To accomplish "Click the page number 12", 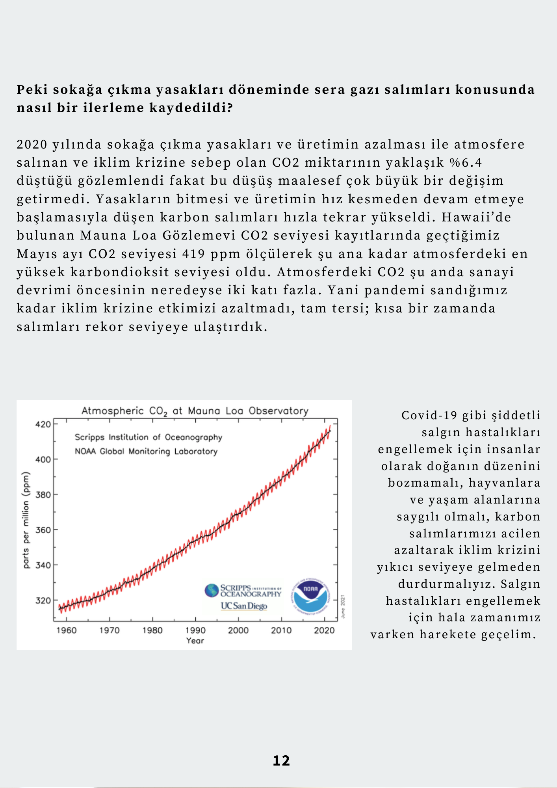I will (x=281, y=761).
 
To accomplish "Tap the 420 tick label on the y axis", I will (x=43, y=424).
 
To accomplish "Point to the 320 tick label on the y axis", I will (x=43, y=600).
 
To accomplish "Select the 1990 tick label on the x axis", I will (x=195, y=630).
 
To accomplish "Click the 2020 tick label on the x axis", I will (x=324, y=630).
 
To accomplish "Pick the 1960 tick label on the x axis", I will (x=67, y=630).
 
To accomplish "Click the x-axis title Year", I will (x=195, y=641).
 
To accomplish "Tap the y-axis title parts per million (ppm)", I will (x=26, y=520).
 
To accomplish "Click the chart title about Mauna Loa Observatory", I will (x=195, y=411).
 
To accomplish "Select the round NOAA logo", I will (x=311, y=597).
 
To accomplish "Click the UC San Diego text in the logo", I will (x=244, y=606).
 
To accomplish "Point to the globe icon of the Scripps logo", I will (x=212, y=590).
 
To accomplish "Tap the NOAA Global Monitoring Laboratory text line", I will (x=146, y=452).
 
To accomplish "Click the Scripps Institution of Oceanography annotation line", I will (x=149, y=437).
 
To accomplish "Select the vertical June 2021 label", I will (x=343, y=607).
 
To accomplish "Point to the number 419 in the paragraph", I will (x=194, y=254).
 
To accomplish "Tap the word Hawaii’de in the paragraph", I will (x=476, y=217).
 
